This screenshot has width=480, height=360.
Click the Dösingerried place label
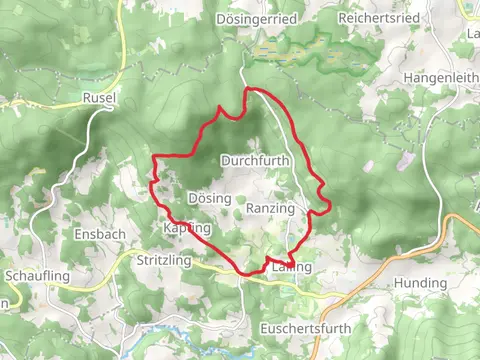255,19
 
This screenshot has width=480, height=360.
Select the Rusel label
101,99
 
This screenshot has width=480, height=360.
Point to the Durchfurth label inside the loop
255,160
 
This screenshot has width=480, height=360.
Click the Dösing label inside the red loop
209,199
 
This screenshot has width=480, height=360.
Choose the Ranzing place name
270,208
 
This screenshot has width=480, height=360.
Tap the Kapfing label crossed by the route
187,229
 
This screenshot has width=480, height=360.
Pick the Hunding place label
420,283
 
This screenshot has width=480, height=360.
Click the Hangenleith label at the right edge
441,77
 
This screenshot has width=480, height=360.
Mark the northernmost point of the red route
247,89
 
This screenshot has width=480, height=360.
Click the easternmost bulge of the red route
330,205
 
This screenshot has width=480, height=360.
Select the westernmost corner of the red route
152,158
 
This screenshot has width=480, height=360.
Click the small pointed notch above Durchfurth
219,106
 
